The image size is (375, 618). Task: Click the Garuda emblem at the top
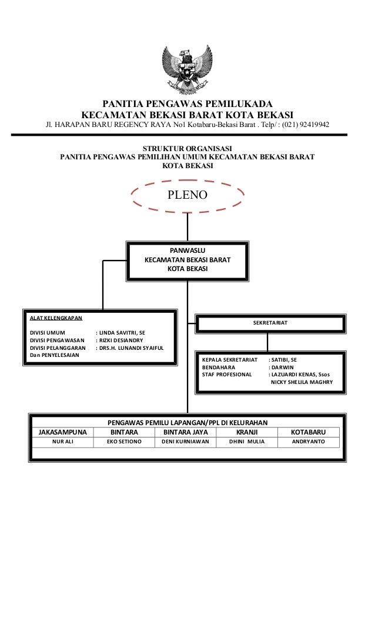coord(187,70)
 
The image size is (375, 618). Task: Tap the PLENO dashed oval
coord(187,195)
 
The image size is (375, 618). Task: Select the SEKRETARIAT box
coord(270,323)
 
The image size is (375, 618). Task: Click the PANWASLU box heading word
coord(187,250)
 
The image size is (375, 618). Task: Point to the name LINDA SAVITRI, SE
coord(121,332)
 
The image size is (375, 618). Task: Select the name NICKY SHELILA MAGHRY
coord(302,382)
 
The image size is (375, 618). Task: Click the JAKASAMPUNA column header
coord(62,432)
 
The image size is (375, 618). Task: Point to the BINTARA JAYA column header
coord(185,432)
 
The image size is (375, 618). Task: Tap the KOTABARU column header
coord(308,432)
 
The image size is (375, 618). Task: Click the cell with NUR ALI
coord(62,441)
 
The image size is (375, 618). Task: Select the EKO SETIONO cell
coord(124,441)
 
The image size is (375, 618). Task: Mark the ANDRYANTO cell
coord(308,441)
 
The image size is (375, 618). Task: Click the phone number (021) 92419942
coord(305,125)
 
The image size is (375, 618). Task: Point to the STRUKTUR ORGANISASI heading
coord(187,147)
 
